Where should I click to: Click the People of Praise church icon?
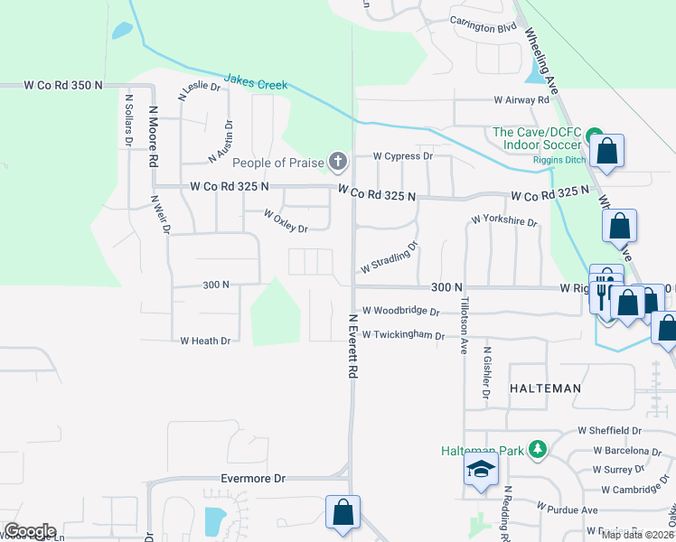point(337,163)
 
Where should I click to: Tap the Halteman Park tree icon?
point(538,449)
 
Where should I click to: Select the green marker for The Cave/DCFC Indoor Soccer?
point(595,136)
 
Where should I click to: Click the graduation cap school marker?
point(481,470)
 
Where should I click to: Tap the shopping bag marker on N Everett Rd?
point(343,512)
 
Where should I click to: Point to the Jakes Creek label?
point(255,84)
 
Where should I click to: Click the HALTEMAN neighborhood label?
point(545,387)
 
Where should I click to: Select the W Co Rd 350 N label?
point(63,85)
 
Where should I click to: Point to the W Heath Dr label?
point(205,341)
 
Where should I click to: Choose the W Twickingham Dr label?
point(403,335)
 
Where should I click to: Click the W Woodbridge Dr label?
point(400,311)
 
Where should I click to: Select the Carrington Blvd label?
point(484,28)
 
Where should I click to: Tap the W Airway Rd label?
point(521,100)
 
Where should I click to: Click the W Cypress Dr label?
point(403,155)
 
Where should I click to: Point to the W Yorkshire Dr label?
point(504,220)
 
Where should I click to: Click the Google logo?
point(30,531)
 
